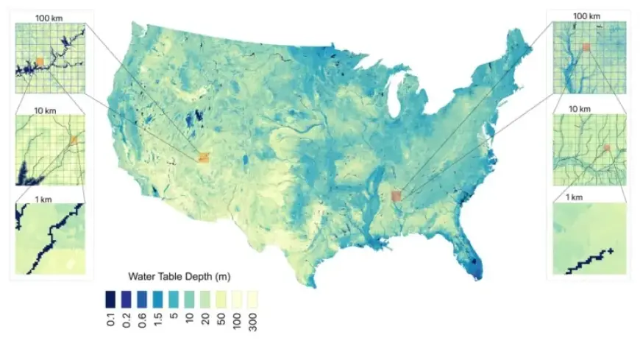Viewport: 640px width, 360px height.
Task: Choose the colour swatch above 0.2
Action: [126, 298]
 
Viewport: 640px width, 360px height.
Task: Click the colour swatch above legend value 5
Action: [174, 298]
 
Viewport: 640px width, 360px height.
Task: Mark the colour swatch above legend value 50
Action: [221, 298]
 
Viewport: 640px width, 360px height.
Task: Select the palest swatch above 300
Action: [253, 298]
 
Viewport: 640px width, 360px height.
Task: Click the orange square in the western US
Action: [204, 157]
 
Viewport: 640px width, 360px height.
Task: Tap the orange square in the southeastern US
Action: [397, 196]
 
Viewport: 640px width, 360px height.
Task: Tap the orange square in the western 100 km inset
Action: [40, 62]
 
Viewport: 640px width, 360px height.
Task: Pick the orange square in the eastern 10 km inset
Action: [606, 148]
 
